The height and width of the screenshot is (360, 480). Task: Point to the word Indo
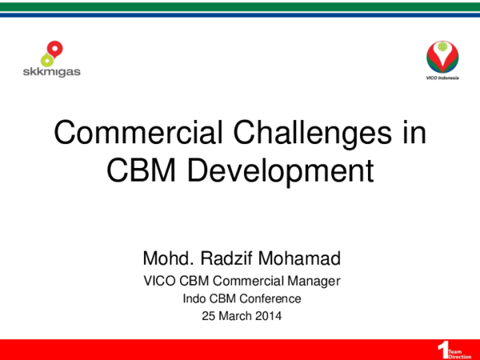[x=195, y=298]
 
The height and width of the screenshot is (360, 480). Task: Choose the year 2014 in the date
[x=267, y=315]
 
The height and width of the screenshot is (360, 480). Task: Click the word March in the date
[x=232, y=315]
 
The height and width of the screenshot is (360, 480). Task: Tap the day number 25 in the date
[x=206, y=315]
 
